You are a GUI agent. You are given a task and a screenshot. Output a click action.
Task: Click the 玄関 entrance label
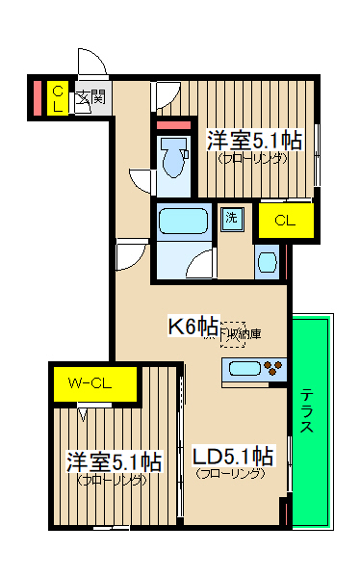91,96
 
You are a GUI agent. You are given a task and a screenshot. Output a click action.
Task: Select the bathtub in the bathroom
182,223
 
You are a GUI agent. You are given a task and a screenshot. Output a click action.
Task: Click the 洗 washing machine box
232,218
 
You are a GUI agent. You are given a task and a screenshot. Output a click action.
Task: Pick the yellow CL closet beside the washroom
284,221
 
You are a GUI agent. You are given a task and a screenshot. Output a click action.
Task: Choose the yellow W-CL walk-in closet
90,383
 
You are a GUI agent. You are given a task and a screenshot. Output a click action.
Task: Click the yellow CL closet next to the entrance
58,98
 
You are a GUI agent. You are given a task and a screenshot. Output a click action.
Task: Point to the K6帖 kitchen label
193,327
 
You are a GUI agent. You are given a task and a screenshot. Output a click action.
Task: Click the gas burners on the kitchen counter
274,368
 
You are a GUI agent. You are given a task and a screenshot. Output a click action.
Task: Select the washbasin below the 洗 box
267,261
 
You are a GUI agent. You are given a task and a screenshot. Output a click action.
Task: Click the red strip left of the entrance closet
38,98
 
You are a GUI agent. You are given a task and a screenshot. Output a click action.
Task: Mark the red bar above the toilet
174,126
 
